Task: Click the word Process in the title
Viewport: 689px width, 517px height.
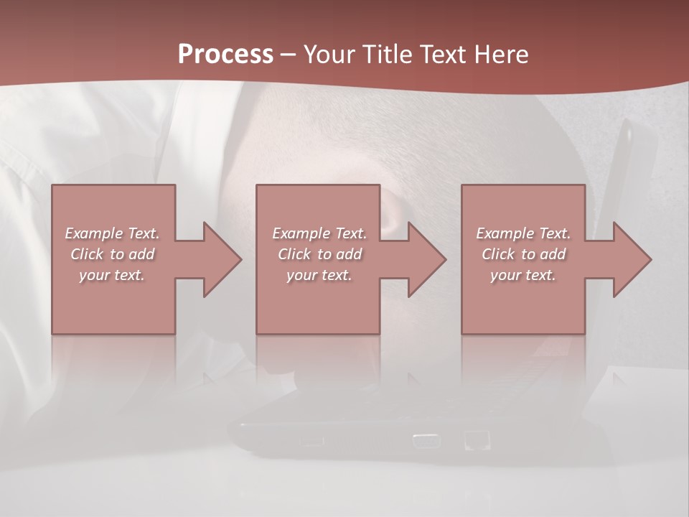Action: [225, 55]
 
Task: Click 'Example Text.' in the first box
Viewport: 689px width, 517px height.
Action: [113, 233]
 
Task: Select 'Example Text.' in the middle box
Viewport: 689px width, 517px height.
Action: [319, 233]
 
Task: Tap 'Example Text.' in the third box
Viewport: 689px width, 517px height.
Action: [523, 233]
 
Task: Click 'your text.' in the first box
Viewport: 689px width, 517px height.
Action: [112, 275]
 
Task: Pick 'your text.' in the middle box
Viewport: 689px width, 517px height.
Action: [319, 275]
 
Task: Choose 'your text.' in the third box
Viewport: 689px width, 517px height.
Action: [522, 275]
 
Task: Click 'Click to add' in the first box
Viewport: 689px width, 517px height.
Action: [113, 254]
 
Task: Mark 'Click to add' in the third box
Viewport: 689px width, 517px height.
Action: [523, 254]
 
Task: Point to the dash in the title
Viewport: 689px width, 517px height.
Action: [288, 55]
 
